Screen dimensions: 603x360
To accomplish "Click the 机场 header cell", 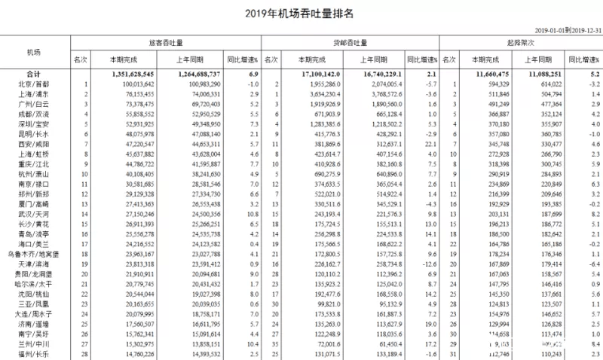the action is point(34,52).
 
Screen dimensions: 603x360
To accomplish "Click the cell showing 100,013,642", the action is point(133,85).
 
